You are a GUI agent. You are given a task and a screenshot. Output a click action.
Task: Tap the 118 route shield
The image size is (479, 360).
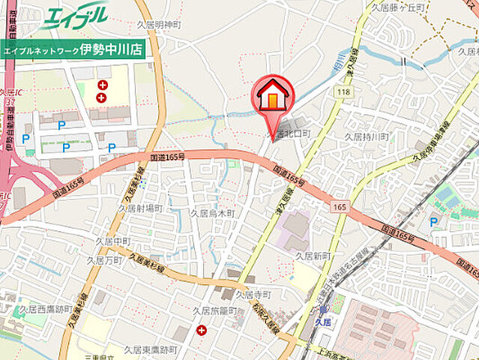coord(343,91)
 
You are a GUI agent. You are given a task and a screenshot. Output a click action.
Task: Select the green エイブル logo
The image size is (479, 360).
coord(75,17)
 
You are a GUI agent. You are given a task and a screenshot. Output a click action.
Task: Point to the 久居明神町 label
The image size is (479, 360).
coord(160,25)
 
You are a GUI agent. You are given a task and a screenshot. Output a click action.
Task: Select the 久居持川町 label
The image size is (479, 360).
coord(366,136)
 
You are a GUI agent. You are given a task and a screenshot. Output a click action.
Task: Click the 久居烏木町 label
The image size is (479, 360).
coord(212,214)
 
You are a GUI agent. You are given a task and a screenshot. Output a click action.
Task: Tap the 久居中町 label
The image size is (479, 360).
coord(112,241)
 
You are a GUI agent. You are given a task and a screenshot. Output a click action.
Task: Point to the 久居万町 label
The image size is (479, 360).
coord(104,260)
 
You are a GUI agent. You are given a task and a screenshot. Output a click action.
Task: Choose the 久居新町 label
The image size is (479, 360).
coord(313,255)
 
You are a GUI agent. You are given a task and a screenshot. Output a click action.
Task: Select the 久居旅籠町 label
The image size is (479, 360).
coord(215,310)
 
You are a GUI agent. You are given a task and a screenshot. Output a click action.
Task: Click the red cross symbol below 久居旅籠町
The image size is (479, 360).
coord(201,330)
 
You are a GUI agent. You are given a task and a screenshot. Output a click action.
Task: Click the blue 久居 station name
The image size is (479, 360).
coord(323,321)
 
